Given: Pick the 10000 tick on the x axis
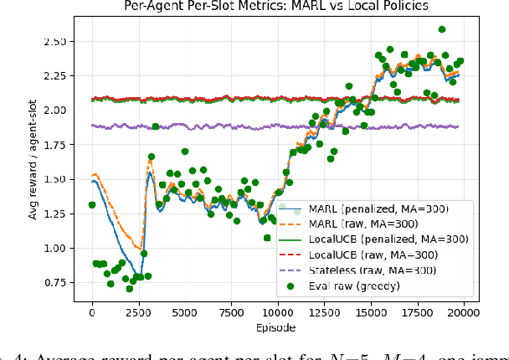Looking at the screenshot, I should pyautogui.click(x=278, y=314).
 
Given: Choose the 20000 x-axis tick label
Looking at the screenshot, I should pyautogui.click(x=465, y=314).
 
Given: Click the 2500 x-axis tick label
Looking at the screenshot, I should pyautogui.click(x=138, y=314).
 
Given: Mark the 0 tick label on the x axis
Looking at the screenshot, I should pyautogui.click(x=92, y=314).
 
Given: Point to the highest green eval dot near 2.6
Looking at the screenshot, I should pyautogui.click(x=442, y=29).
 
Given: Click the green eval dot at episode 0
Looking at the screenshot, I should pyautogui.click(x=92, y=205).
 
